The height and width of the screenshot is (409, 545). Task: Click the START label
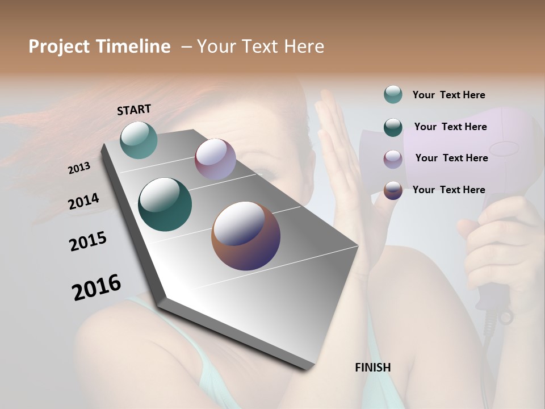[134, 110]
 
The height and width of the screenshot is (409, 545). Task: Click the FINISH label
[372, 368]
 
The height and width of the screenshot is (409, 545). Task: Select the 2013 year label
[79, 168]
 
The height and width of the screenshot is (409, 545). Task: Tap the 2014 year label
[84, 201]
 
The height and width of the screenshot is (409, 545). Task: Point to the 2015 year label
[88, 241]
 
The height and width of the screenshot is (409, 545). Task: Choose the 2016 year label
[97, 287]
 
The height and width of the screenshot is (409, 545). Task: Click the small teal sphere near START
[139, 140]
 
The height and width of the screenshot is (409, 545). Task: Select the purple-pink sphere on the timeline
[215, 159]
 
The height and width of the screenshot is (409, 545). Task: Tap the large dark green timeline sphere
[165, 204]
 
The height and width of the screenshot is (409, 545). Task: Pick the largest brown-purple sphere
[246, 235]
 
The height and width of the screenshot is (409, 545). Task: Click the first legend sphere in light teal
[393, 94]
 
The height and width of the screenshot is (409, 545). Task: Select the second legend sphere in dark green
[393, 127]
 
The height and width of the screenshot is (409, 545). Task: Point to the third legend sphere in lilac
[393, 158]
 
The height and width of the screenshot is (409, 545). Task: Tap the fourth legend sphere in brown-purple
[393, 190]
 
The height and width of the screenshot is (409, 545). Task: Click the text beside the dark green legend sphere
[450, 127]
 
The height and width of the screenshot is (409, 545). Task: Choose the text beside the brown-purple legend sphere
[448, 190]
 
